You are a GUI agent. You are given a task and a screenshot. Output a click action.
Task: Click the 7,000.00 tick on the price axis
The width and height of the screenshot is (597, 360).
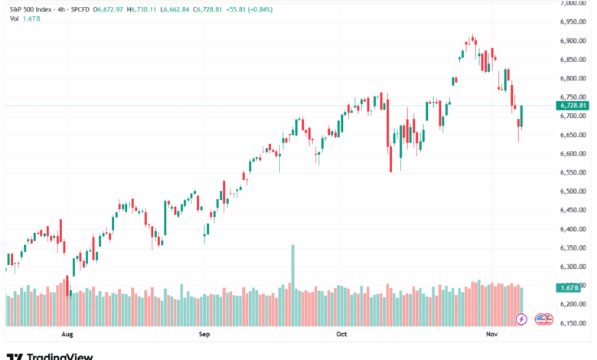pos(573,3)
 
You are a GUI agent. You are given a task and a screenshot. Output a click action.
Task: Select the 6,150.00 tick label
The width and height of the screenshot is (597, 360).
pos(573,323)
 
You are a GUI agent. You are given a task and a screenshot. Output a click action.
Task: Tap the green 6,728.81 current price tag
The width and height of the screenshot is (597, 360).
pos(573,105)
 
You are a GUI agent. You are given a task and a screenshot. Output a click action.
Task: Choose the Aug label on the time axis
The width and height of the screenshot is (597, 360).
pos(67,335)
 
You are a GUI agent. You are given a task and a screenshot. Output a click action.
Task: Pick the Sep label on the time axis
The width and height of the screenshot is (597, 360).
pos(204,335)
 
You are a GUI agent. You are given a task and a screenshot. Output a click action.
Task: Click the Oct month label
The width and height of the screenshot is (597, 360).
pos(342,335)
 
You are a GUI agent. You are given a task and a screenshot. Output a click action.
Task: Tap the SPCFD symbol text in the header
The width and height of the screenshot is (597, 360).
pos(78,8)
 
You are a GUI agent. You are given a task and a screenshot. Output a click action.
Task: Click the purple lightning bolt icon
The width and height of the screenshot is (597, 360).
pos(522,319)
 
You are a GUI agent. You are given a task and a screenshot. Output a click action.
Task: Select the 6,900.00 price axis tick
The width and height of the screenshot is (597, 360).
pos(573,41)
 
